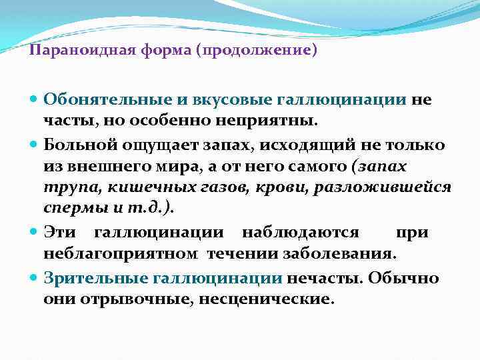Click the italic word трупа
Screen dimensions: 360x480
point(66,187)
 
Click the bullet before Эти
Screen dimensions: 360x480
point(35,233)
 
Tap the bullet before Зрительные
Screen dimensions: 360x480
point(35,277)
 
